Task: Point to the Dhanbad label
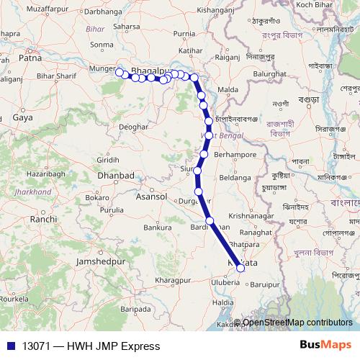click(x=117, y=176)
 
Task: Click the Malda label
click(x=228, y=89)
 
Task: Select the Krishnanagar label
click(x=251, y=216)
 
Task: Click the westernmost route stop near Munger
click(x=120, y=71)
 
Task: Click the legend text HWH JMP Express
click(x=111, y=346)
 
